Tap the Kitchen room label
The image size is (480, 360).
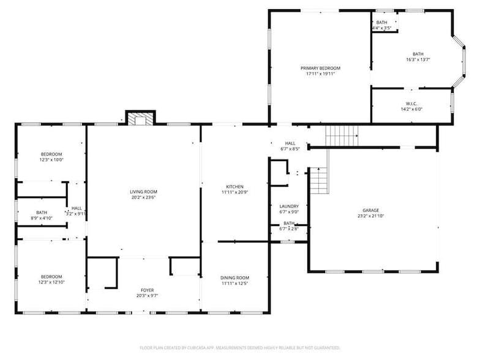234,187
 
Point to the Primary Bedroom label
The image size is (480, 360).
320,68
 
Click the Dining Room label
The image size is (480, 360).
234,278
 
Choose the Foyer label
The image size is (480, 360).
147,290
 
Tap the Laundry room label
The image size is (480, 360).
288,206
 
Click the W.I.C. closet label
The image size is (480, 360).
411,103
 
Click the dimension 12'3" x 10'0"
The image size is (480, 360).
51,160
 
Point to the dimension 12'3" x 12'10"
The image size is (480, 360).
51,282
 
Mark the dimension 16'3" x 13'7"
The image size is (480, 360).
418,59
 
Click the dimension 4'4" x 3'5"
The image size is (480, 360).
381,28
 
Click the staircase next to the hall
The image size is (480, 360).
342,134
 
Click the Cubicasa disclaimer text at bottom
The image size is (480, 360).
239,347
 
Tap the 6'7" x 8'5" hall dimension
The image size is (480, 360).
290,149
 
